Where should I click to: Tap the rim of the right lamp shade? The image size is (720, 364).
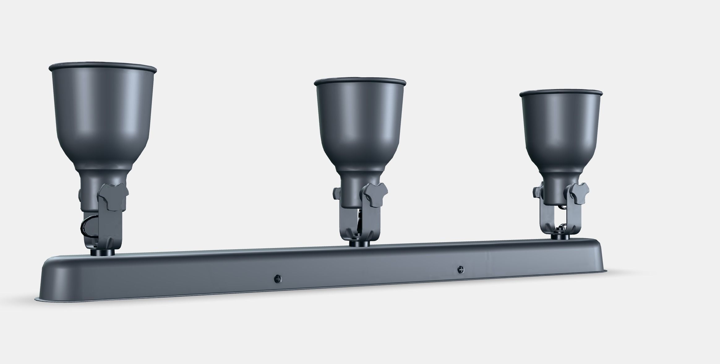(x=561, y=92)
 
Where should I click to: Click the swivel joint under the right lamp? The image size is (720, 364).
(x=560, y=237)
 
